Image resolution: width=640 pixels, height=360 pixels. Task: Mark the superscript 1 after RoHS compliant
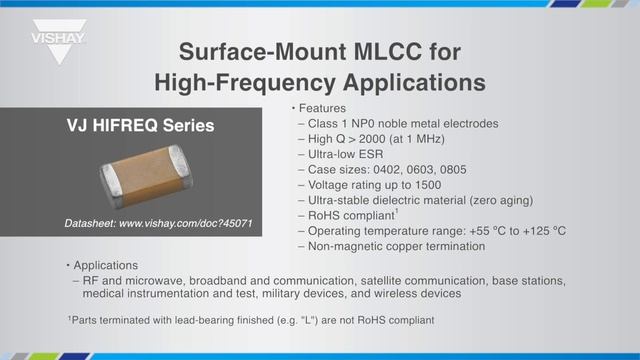[x=397, y=212]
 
